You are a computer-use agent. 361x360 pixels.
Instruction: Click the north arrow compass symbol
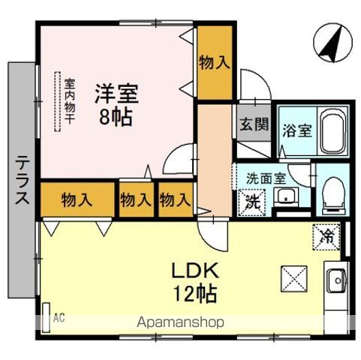(x=332, y=43)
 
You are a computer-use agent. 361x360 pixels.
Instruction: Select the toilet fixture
(x=334, y=196)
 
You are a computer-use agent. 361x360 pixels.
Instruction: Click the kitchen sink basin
(x=337, y=281)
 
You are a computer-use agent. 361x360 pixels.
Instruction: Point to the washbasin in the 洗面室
(x=287, y=197)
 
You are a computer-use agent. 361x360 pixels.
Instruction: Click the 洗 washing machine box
(x=252, y=202)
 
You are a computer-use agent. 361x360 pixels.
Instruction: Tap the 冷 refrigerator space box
(x=326, y=236)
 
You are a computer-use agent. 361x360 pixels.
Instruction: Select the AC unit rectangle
(x=46, y=317)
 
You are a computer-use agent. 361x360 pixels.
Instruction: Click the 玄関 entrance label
(x=254, y=124)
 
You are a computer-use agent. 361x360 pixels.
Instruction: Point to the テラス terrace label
(x=22, y=179)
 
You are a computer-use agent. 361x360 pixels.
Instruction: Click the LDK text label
(x=195, y=271)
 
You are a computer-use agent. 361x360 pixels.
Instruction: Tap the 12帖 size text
(x=195, y=293)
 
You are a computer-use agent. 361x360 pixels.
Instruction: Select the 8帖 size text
(x=116, y=117)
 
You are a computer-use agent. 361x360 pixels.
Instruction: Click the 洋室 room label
(x=116, y=94)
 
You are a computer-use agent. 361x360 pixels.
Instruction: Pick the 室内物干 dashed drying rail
(x=58, y=101)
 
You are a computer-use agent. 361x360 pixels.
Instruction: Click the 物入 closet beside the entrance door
(x=215, y=62)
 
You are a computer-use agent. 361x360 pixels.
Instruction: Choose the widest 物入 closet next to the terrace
(x=77, y=199)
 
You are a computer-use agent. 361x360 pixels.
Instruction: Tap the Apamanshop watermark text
(x=180, y=322)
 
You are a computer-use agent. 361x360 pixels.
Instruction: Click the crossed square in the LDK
(x=294, y=279)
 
